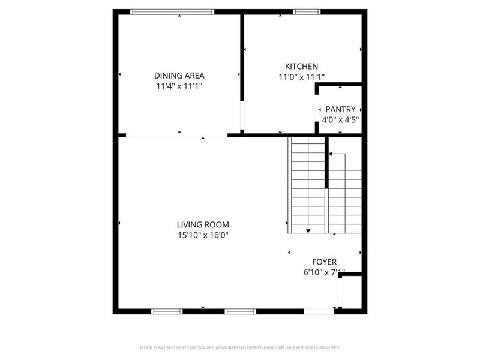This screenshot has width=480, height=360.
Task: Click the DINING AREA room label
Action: [179, 76]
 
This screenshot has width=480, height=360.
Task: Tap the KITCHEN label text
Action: [301, 67]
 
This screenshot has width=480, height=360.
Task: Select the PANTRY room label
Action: [340, 109]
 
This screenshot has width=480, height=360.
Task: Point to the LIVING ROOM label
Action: [202, 225]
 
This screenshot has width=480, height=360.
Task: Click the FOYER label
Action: [324, 262]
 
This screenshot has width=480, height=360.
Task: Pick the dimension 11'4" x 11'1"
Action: [179, 86]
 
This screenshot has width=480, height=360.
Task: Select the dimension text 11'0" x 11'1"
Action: [301, 77]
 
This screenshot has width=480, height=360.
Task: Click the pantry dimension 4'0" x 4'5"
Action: [340, 119]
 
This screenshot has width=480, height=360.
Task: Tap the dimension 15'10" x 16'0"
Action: [202, 235]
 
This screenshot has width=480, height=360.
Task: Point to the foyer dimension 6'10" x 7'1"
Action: [324, 272]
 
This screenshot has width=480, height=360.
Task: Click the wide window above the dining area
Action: [172, 11]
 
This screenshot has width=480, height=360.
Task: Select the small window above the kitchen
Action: [307, 11]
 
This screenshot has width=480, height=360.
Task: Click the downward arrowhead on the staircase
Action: [308, 230]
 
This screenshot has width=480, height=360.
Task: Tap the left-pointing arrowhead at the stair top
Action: [331, 154]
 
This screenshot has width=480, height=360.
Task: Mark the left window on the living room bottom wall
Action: [166, 311]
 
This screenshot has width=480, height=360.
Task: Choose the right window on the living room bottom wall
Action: [241, 311]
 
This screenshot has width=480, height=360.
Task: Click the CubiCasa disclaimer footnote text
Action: [240, 347]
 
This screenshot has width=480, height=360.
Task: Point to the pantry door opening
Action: [317, 109]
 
